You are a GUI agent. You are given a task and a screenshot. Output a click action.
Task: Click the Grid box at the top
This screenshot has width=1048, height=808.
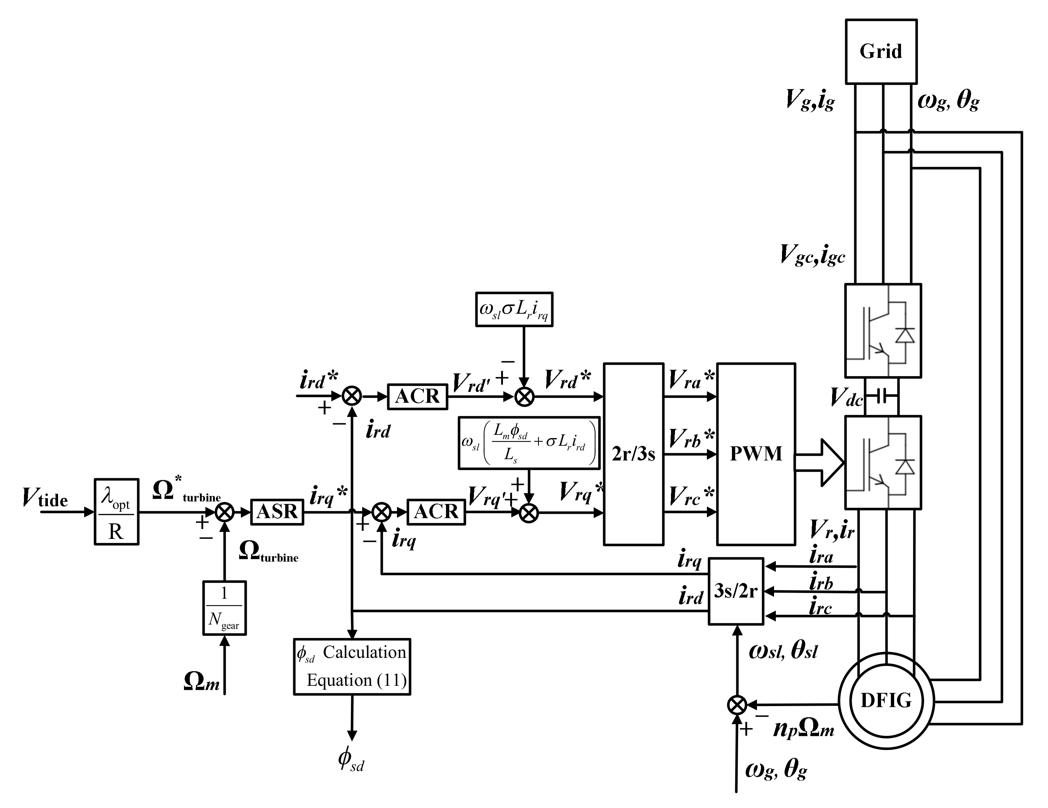pos(881,51)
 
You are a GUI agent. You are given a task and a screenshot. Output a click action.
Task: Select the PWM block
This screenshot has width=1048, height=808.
pos(756,454)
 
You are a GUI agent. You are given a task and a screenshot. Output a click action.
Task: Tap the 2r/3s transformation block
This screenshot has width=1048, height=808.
pos(633,454)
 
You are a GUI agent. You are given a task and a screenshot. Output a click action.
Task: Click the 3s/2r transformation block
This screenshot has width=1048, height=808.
pos(736,591)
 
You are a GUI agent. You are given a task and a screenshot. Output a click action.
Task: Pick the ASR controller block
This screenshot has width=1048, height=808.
pos(277,512)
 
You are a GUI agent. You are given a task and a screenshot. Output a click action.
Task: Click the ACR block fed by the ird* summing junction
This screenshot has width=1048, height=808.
pos(417,396)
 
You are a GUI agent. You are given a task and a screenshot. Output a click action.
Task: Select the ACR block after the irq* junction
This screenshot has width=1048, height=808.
pos(436,512)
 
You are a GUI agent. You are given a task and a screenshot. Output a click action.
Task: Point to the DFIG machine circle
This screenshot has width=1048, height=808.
pos(886,701)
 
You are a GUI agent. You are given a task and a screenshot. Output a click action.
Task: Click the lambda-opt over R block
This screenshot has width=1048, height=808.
pos(116,512)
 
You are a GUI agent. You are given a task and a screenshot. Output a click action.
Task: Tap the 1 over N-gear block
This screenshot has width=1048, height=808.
pos(224,607)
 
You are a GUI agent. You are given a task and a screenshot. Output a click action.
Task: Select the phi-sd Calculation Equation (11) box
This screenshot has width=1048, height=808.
pos(352,666)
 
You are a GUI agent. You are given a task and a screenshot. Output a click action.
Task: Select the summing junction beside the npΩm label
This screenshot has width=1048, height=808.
pos(737,705)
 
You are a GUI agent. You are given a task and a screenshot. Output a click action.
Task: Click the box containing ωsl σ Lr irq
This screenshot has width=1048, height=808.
pos(514,309)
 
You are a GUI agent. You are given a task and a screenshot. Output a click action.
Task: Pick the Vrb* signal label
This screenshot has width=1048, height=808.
pos(691,439)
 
